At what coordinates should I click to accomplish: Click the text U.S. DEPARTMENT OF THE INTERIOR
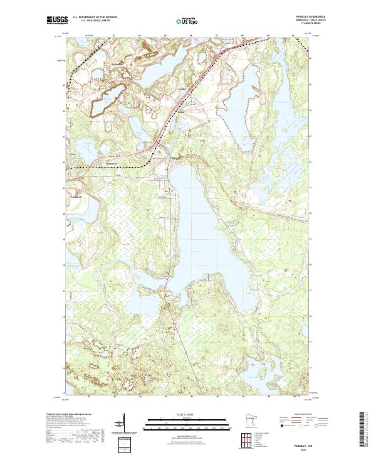(95, 16)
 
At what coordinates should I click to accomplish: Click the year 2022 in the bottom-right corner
(315, 432)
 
